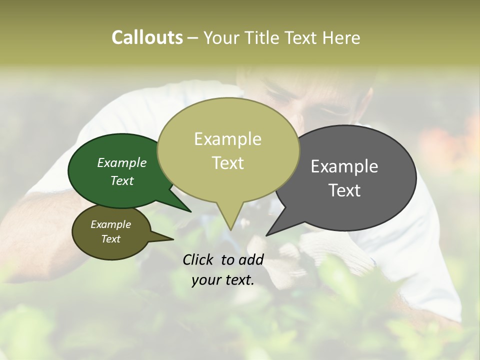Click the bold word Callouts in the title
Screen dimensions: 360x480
tap(147, 38)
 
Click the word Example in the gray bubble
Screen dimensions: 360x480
tap(344, 166)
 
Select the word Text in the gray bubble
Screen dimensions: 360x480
tap(344, 190)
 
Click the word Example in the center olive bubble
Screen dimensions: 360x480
tap(228, 139)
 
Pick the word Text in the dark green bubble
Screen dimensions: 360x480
tap(122, 180)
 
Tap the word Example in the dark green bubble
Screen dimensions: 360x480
tap(122, 163)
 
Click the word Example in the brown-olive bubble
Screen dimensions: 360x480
tap(111, 224)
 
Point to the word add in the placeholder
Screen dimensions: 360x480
tap(251, 259)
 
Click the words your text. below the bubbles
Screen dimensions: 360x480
tap(223, 280)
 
